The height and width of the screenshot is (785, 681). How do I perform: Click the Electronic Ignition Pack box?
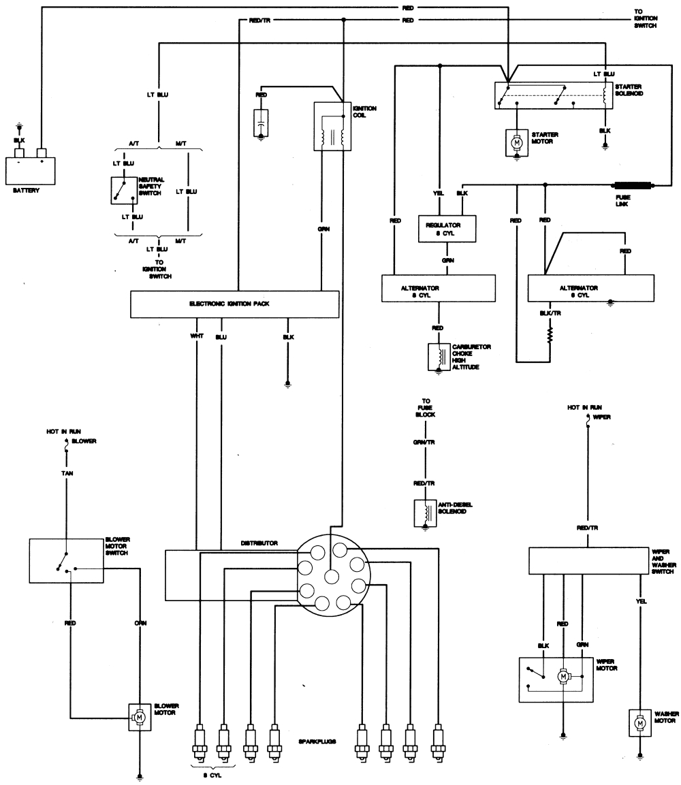pos(234,304)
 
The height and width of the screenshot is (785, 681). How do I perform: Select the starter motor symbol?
pos(516,142)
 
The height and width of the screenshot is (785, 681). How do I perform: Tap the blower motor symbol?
pos(140,716)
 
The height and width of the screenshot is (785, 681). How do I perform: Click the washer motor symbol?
pos(639,722)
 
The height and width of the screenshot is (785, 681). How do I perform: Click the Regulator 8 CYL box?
pos(447,229)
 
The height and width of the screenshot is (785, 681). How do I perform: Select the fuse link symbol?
pos(634,185)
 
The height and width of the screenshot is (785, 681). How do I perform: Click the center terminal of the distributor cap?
pos(331,575)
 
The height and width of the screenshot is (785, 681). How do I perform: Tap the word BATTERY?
pos(26,191)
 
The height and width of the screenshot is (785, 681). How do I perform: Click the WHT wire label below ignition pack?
pos(197,336)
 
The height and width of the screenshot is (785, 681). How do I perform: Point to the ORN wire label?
pos(140,622)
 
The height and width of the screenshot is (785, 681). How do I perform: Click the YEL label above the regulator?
pos(439,193)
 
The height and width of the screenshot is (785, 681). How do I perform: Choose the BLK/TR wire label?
pos(550,313)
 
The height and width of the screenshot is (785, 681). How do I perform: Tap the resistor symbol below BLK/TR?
pos(550,336)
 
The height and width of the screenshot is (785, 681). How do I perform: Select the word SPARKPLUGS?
pos(317,741)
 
